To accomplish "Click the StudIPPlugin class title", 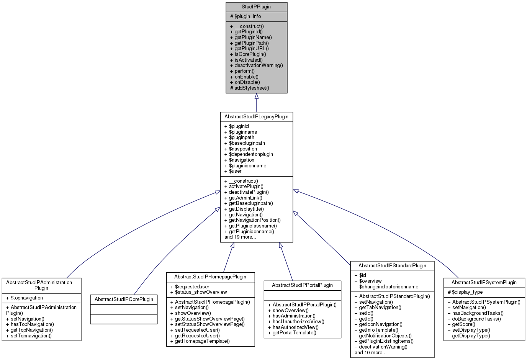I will [256, 7].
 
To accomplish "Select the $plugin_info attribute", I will [247, 16].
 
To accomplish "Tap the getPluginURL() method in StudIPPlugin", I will [251, 49].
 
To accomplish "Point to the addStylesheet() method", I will [252, 88].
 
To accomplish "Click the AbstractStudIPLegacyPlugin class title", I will [256, 117].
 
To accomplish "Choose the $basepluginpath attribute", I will [247, 143].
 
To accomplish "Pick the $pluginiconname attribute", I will [247, 166].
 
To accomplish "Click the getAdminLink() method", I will [245, 198].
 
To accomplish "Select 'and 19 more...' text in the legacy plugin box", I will [240, 237].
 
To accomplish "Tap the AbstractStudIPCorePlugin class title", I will [124, 299].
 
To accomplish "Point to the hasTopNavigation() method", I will [32, 324].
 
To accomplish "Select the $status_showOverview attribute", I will [201, 292].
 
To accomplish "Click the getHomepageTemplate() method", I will [202, 341].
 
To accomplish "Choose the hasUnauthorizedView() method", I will [298, 322].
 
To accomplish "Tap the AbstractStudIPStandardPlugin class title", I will [392, 266].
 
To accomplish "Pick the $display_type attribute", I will [467, 292].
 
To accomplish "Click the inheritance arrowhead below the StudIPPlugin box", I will [257, 97].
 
